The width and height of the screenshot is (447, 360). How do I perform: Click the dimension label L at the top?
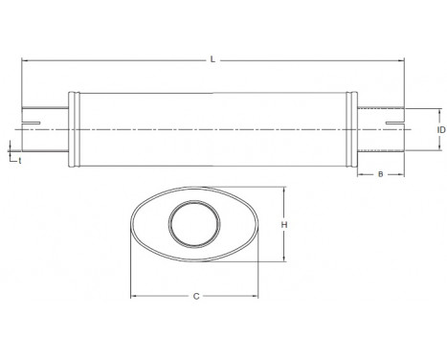point(212,59)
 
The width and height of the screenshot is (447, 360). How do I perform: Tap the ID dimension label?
point(441,128)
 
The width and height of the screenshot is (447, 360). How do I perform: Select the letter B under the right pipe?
point(380,174)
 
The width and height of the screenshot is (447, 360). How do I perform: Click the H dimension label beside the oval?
point(284,225)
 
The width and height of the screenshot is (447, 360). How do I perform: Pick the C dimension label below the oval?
point(195,296)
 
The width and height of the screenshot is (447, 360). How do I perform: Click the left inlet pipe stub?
point(43,128)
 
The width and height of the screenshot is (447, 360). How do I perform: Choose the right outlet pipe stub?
point(381,128)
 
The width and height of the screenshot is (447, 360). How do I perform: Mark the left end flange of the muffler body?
point(73,130)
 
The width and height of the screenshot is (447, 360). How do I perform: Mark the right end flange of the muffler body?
point(354,130)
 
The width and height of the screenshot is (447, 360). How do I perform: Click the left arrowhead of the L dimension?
point(24,60)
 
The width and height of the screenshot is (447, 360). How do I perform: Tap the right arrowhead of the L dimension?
point(402,60)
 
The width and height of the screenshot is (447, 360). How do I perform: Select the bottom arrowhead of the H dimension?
point(284,258)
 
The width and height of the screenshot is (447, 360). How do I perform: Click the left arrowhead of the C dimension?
point(133,296)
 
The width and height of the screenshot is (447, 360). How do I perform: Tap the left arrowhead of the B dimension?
point(360,174)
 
